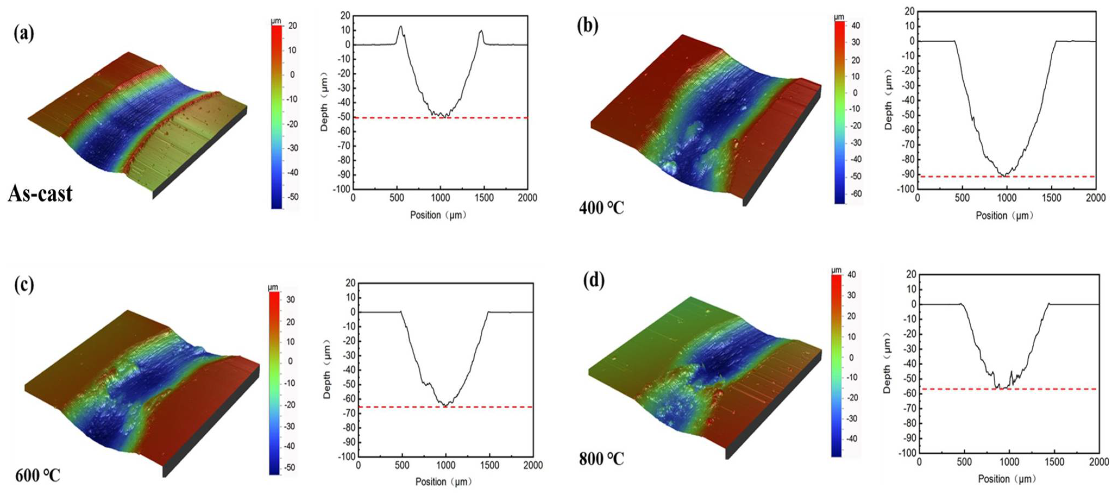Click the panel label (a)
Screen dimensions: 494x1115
(x=24, y=33)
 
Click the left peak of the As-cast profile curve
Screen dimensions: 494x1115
(x=400, y=27)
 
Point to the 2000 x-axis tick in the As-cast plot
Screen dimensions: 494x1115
(x=527, y=198)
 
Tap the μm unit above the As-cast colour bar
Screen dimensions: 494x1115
(x=276, y=21)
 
